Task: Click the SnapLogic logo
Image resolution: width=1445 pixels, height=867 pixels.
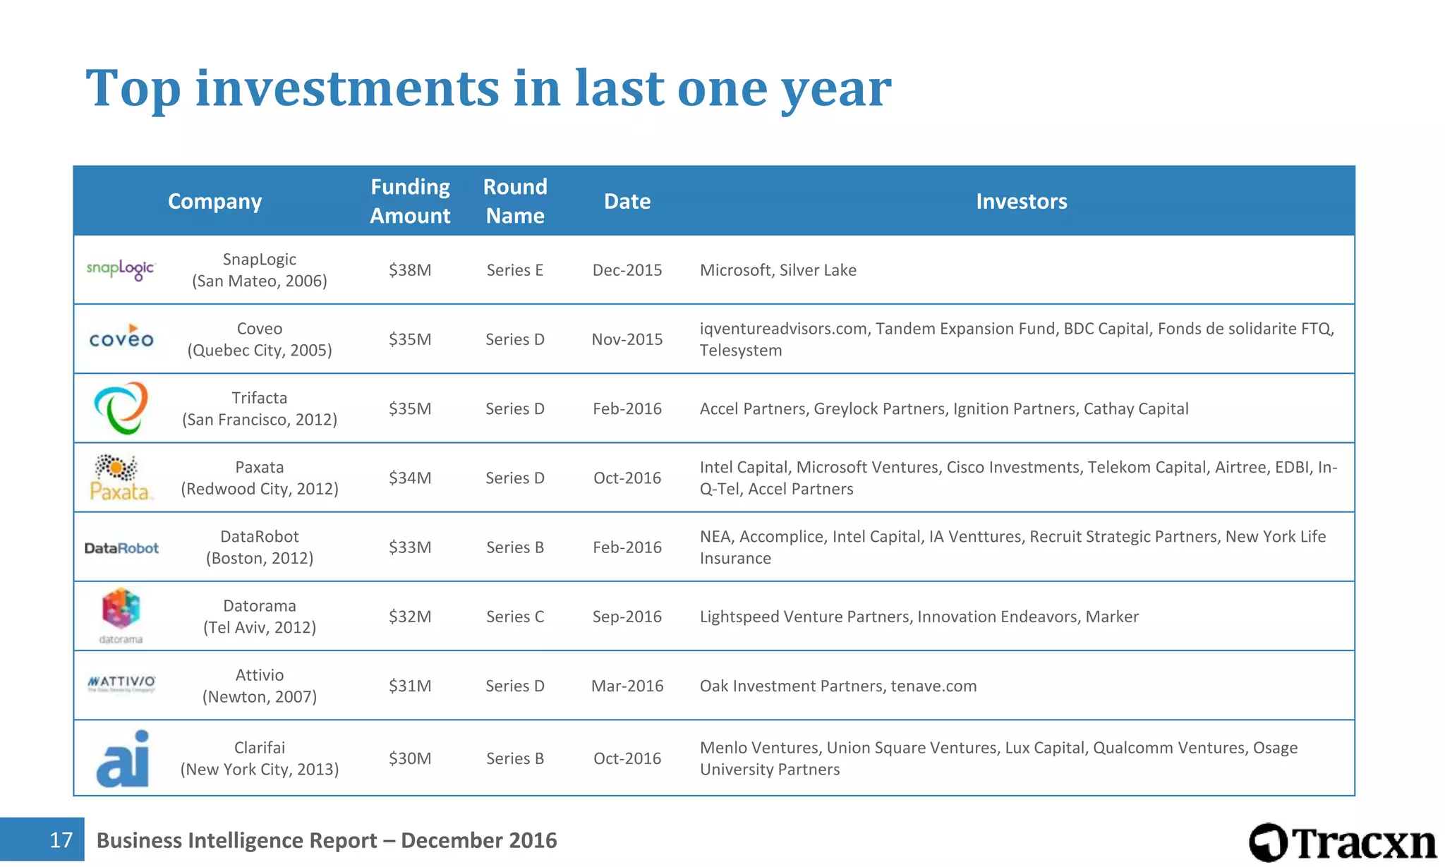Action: (121, 269)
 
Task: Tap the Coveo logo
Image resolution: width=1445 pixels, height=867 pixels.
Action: (121, 338)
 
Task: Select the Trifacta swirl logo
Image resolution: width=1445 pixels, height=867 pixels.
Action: (121, 408)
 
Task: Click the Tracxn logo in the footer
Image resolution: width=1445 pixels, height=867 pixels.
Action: (1343, 842)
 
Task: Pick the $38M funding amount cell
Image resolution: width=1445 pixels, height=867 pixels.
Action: (410, 270)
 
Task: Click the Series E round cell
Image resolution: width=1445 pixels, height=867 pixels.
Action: (515, 270)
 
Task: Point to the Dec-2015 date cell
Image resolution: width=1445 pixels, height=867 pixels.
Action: (627, 270)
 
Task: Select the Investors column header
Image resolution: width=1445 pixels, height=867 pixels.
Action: (1021, 202)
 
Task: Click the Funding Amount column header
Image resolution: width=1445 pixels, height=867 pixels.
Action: (410, 201)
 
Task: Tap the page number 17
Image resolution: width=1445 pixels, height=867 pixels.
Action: (61, 839)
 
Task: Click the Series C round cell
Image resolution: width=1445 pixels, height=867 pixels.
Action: (515, 617)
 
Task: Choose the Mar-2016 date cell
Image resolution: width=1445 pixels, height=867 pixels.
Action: (627, 686)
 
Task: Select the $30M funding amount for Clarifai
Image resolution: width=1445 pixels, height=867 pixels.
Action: (410, 758)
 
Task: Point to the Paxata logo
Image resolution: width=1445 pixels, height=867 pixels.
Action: (120, 478)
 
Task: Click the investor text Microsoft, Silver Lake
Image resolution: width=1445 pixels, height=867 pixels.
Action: (778, 270)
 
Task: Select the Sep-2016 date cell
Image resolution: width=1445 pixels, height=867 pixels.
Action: (627, 617)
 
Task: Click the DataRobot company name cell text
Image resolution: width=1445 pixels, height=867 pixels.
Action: (260, 547)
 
